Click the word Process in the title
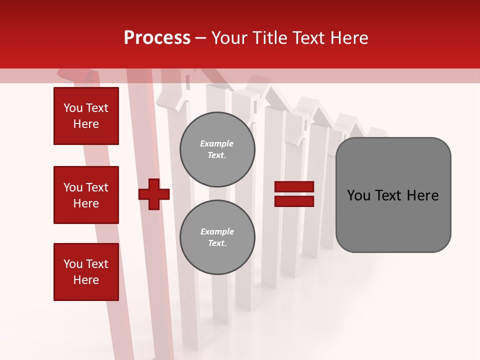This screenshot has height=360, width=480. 157,38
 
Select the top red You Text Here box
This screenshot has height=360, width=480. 86,116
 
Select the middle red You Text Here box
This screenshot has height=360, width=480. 86,195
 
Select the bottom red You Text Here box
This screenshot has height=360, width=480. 86,272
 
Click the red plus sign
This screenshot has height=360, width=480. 154,194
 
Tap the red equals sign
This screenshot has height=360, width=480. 294,194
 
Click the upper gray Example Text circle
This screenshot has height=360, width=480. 217,149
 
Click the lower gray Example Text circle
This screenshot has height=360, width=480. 217,237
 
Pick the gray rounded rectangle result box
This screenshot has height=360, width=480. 393,195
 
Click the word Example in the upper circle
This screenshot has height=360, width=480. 217,143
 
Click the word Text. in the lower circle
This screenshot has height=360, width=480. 217,243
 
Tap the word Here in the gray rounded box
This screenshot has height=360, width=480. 422,195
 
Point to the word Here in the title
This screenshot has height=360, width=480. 349,38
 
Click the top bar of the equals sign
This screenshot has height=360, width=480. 294,187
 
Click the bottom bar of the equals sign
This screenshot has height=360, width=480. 294,201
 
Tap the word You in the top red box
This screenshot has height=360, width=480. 73,108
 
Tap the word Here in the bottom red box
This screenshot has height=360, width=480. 86,280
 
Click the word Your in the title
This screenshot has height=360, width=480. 228,38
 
